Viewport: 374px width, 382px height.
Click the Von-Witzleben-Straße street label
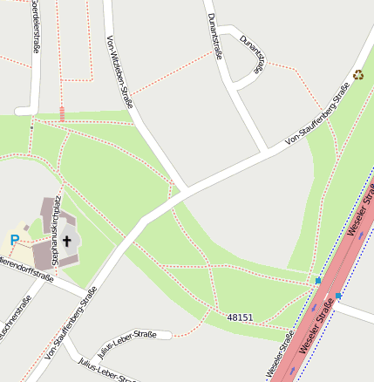coord(119,72)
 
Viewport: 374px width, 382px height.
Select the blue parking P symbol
coord(14,240)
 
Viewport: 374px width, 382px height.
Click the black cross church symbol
coord(65,238)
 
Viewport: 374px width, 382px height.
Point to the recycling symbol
coord(358,75)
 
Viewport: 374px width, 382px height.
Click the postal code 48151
coord(240,317)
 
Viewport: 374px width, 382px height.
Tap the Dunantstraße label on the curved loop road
coord(253,58)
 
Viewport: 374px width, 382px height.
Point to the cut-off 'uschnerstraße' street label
coord(15,318)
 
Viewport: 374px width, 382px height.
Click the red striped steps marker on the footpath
coord(62,113)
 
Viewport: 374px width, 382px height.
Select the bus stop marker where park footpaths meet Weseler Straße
coord(318,281)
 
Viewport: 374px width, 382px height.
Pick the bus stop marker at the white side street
coord(338,297)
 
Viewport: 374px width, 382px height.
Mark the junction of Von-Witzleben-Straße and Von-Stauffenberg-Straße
coord(185,191)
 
